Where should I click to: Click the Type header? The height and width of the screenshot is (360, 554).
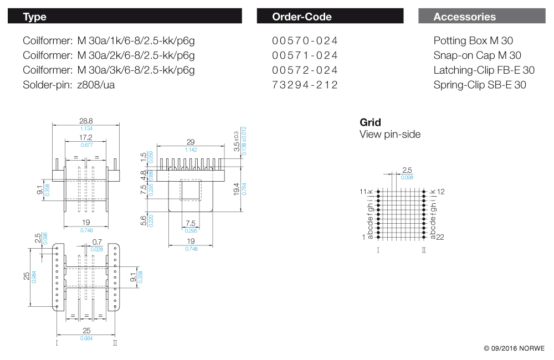pos(35,17)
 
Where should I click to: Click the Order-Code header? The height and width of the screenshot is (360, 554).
pos(301,17)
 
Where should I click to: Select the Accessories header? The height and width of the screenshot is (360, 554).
pos(464,17)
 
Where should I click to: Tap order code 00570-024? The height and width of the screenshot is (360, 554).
pos(305,41)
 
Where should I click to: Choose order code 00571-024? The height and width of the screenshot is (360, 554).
pos(305,55)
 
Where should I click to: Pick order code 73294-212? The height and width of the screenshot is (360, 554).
pos(305,85)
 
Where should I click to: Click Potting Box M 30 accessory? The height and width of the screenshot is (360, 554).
pos(473,41)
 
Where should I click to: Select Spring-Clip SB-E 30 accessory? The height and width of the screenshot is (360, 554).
pos(480,85)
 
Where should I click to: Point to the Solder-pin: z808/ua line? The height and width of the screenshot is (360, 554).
pos(69,85)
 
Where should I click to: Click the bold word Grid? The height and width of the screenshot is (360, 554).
pos(370,122)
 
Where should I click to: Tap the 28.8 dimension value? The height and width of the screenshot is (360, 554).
pos(86,120)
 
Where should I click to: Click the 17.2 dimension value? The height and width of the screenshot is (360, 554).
pos(86,137)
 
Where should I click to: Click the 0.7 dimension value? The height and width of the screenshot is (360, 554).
pos(98,241)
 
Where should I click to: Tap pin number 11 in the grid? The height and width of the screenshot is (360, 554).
pos(363,191)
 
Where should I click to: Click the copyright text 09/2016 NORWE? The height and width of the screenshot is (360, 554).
pos(514,348)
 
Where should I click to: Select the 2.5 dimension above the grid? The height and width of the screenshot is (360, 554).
pos(407,170)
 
